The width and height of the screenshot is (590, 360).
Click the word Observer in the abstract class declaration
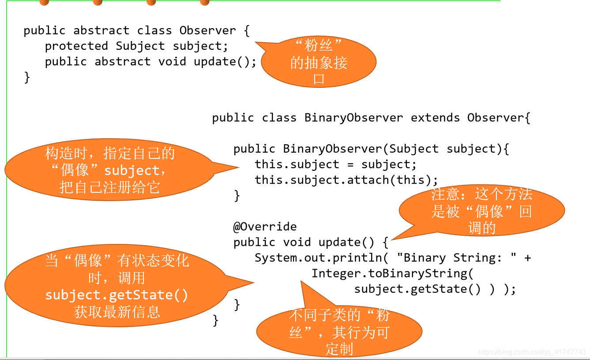pyautogui.click(x=207, y=30)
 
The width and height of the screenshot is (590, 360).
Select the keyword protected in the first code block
pyautogui.click(x=76, y=46)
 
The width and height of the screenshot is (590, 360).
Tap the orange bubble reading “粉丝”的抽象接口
pyautogui.click(x=319, y=62)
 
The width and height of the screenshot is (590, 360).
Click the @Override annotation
pyautogui.click(x=265, y=227)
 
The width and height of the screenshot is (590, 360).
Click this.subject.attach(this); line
pyautogui.click(x=346, y=180)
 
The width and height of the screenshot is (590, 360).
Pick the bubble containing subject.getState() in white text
pyautogui.click(x=116, y=287)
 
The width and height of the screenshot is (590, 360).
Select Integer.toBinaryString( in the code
pyautogui.click(x=392, y=274)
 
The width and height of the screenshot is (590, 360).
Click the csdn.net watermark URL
pyautogui.click(x=532, y=352)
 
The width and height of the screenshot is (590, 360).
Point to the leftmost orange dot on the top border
pyautogui.click(x=44, y=2)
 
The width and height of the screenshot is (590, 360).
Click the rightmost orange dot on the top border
pyautogui.click(x=204, y=2)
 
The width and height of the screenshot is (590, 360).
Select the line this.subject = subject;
pyautogui.click(x=335, y=165)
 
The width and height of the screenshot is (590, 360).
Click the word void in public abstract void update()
pyautogui.click(x=172, y=61)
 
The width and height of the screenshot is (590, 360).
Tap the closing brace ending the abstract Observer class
pyautogui.click(x=27, y=77)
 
